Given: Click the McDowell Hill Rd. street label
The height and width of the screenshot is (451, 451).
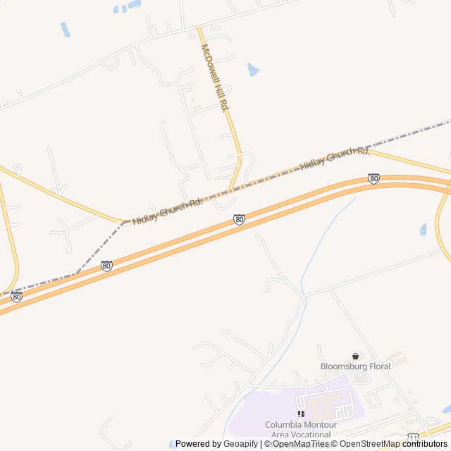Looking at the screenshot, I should [215, 78].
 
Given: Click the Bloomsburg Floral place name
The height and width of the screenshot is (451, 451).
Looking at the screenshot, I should [355, 366].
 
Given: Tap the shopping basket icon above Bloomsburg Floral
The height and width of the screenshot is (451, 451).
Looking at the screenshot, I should [355, 357].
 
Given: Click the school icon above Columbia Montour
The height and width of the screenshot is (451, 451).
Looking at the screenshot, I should [301, 414].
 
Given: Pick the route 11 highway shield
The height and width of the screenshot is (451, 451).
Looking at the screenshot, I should [413, 438].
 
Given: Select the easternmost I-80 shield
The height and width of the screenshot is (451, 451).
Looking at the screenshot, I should [373, 179].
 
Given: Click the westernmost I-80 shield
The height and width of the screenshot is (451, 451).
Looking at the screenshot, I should [16, 297].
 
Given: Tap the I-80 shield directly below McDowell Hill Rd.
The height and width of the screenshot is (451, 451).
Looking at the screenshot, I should [240, 220].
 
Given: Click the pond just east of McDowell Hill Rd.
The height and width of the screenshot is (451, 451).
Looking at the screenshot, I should [253, 69].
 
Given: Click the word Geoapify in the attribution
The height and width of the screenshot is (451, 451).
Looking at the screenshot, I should [240, 444].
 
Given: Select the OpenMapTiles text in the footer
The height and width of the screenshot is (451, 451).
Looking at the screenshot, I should [300, 444].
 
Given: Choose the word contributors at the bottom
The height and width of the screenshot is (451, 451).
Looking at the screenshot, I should [425, 444].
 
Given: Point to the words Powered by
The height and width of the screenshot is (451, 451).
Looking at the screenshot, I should [198, 444].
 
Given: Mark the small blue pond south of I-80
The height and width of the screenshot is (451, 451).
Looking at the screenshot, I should [423, 230].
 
